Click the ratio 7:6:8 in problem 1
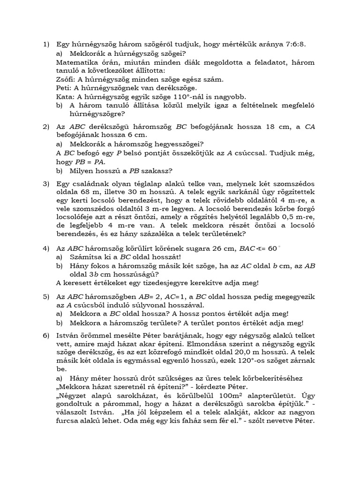(x=295, y=44)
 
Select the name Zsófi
(x=67, y=79)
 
